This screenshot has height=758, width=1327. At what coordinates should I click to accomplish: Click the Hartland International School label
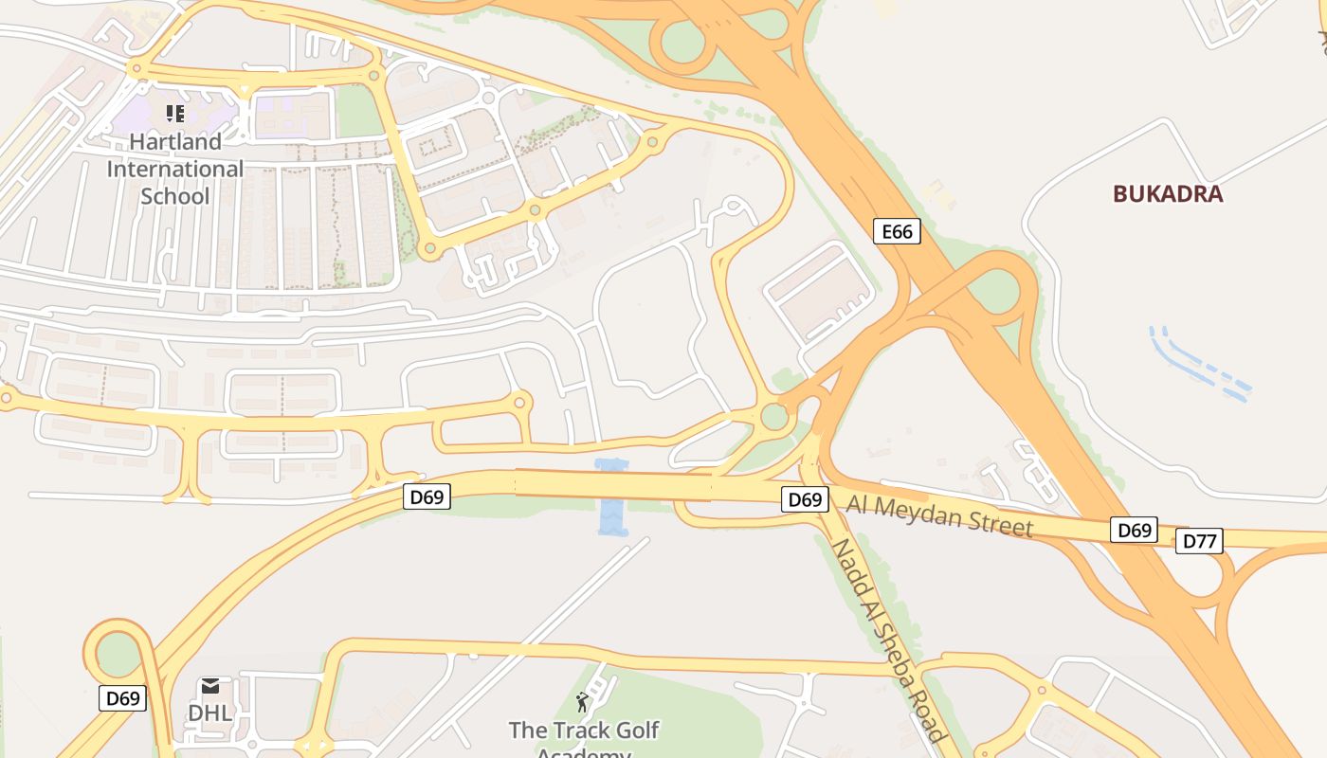pos(174,169)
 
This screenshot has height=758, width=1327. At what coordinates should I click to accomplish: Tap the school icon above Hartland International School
pos(174,115)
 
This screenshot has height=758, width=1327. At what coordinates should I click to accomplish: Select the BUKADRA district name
pos(1168,194)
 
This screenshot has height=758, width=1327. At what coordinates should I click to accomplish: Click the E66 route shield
pos(896,231)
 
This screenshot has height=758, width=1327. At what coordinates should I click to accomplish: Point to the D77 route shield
pos(1199,541)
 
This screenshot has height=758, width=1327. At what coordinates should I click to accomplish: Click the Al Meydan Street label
pos(939,515)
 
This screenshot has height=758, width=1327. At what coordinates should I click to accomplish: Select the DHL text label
pos(209,713)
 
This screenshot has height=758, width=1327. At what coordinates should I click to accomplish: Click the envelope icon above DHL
pos(209,686)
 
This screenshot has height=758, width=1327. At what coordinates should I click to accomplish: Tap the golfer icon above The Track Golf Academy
pos(582,702)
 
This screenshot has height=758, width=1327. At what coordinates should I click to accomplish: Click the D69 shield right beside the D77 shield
pos(1134,530)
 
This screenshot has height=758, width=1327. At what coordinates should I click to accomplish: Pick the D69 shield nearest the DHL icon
pos(122,699)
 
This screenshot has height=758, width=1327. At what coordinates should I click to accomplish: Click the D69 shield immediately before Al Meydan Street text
pos(805,499)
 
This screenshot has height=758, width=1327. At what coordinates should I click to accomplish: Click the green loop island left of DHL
pos(118,654)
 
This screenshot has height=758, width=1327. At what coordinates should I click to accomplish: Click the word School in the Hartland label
pos(174,196)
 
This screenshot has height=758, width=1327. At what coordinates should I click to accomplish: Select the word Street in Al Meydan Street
pos(994,523)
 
